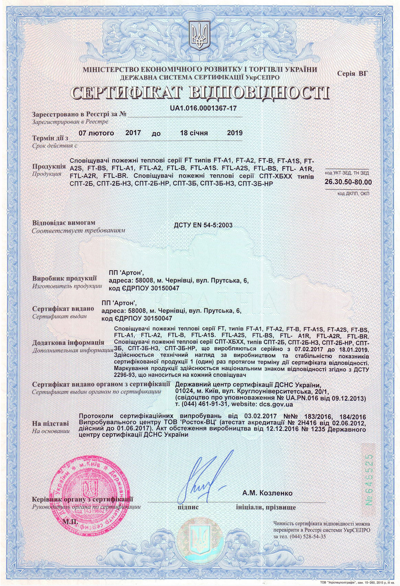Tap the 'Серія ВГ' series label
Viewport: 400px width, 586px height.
(x=352, y=73)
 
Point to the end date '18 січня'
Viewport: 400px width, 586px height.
(x=194, y=133)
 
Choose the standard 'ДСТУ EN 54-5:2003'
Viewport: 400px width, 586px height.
(x=203, y=225)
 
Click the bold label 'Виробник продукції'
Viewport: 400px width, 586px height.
(x=64, y=279)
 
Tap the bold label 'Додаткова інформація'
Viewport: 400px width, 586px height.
(x=68, y=343)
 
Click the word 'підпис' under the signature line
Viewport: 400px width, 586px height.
(x=188, y=507)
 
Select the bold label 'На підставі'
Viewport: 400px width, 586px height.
(x=50, y=423)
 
